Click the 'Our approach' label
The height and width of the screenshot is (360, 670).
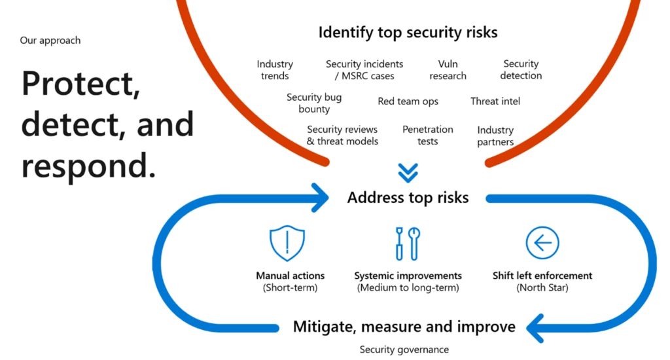coord(50,40)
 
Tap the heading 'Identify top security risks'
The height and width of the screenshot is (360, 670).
coord(408,33)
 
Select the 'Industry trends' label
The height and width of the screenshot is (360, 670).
coord(275,69)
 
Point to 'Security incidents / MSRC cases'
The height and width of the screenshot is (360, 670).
coord(364,69)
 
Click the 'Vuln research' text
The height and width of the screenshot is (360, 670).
coord(448,69)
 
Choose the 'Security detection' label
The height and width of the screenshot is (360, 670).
coord(521,69)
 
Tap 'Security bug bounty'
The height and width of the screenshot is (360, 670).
coord(314,103)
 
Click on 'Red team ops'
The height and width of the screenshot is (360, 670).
coord(408,101)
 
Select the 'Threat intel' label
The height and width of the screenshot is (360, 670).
coord(495,101)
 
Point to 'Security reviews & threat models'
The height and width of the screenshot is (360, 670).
coord(342,135)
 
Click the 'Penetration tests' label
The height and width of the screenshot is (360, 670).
coord(428,135)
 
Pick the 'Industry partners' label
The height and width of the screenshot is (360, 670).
coord(495,136)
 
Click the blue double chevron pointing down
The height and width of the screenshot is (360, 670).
coord(408,173)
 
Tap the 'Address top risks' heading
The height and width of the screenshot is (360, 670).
coord(408,198)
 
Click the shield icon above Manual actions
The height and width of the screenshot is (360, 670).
coord(287,243)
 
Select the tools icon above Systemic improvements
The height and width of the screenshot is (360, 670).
coord(408,243)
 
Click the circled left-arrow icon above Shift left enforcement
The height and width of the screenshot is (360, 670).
coord(542,243)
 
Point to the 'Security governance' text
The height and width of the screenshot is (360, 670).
coord(404,350)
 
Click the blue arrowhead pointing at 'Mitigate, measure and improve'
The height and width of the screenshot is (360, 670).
coord(535,329)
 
